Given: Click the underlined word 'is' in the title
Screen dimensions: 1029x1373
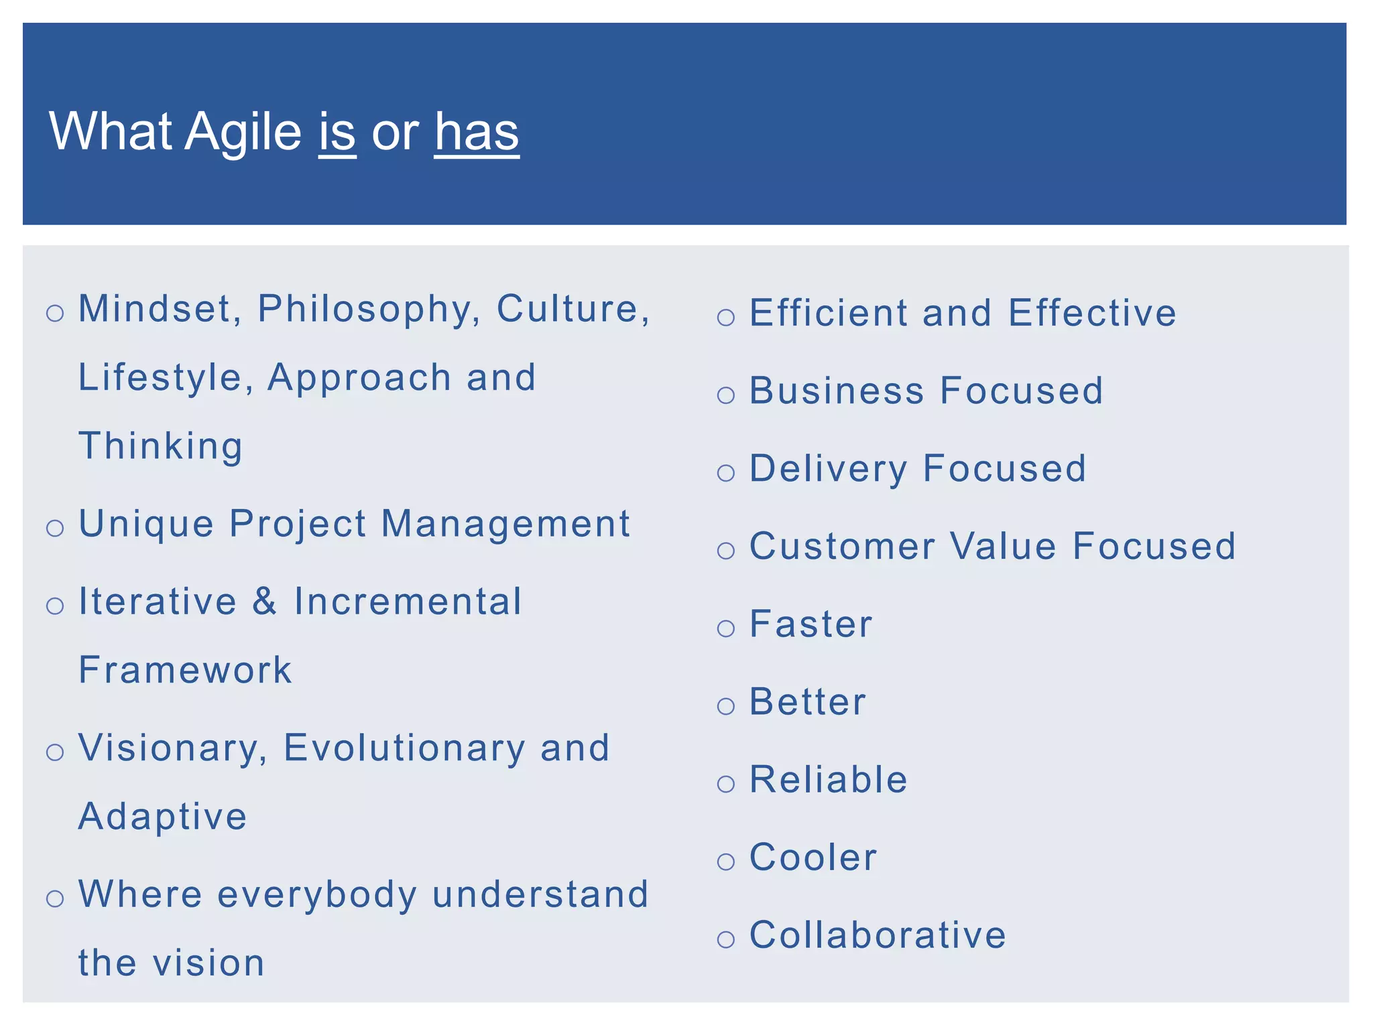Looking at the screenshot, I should (x=337, y=131).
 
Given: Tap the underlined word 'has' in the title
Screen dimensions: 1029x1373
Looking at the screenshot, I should (x=477, y=131).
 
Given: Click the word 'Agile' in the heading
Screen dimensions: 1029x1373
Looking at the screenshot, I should (x=243, y=133).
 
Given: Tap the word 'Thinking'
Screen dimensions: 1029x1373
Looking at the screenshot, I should (x=161, y=447).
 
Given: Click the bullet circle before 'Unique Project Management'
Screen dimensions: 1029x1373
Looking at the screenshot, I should (x=55, y=529).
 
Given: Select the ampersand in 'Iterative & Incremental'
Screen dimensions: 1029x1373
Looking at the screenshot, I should (x=265, y=601).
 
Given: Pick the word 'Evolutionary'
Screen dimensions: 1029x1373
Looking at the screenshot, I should (x=404, y=748).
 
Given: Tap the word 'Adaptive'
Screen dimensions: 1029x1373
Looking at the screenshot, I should (x=163, y=817).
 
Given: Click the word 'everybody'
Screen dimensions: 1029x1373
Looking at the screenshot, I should (x=317, y=896).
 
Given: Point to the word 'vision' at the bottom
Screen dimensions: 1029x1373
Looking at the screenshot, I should (x=208, y=963).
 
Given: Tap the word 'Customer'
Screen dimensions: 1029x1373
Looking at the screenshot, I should (x=842, y=546).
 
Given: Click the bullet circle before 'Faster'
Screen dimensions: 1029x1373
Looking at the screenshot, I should (x=726, y=628).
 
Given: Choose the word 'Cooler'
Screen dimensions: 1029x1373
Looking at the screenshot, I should (x=813, y=857).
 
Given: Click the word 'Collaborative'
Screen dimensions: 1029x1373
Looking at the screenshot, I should (x=878, y=935).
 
